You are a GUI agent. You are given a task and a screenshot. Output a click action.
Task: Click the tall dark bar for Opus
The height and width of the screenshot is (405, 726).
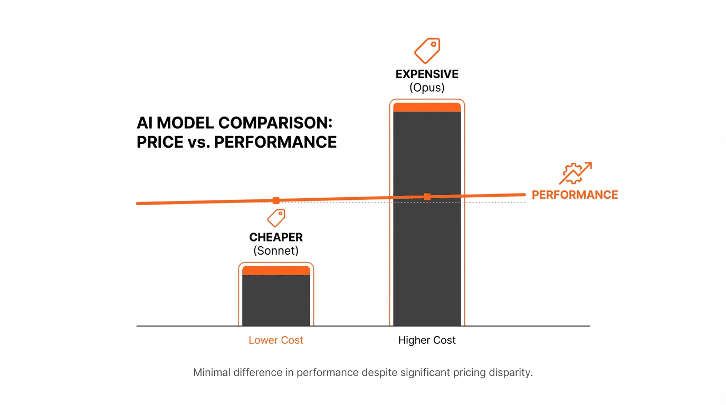(x=427, y=253)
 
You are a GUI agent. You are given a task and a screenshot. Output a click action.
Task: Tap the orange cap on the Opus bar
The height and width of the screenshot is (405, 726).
(x=427, y=107)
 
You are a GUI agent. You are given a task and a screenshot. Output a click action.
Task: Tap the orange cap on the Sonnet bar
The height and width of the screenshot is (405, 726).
(x=276, y=270)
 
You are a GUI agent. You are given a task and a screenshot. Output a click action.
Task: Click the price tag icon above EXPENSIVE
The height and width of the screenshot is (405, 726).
(x=427, y=51)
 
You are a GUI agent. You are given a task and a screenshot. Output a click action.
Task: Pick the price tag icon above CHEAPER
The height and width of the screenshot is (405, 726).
(x=276, y=217)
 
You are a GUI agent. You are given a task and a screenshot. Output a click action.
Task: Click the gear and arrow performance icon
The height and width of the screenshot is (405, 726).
(x=575, y=173)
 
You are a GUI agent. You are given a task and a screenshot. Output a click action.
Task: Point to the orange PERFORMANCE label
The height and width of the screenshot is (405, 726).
(x=575, y=195)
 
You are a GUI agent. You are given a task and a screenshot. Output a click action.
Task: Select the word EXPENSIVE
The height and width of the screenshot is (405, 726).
(x=427, y=74)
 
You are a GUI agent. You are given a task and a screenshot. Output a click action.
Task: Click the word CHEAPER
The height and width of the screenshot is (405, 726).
(x=276, y=238)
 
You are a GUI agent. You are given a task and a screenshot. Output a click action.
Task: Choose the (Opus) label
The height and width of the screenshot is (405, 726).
(x=427, y=88)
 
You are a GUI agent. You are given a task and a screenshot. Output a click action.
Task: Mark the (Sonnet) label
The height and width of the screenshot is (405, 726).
(x=276, y=251)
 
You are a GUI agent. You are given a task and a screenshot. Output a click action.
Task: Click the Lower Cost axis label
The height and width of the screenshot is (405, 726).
(x=276, y=340)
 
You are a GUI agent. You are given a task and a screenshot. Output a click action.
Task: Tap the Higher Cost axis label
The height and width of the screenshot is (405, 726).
(x=427, y=340)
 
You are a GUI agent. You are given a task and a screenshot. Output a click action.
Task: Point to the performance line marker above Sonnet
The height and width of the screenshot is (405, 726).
(x=276, y=200)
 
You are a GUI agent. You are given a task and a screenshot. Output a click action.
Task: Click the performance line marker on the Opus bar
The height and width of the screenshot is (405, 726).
(x=427, y=197)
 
